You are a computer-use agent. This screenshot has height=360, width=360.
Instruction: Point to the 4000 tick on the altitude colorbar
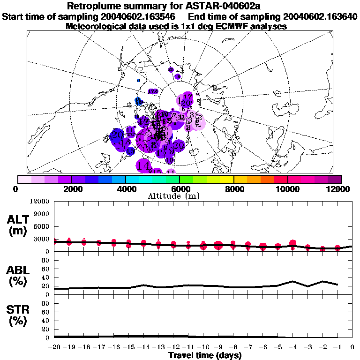(126, 189)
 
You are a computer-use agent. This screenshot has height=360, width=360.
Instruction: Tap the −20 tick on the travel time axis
(55, 347)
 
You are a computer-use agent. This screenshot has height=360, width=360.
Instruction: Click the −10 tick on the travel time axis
(203, 347)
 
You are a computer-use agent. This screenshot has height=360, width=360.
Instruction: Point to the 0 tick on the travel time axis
(352, 347)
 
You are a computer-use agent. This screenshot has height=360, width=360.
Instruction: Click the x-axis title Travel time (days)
(205, 355)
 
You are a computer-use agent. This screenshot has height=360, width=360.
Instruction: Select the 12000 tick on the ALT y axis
(41, 202)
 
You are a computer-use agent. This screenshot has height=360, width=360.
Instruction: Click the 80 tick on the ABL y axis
(45, 260)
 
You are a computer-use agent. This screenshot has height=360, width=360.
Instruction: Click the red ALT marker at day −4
(293, 243)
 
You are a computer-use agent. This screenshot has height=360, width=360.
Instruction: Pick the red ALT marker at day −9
(218, 245)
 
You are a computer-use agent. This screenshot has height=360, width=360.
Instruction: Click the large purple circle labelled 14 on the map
(143, 165)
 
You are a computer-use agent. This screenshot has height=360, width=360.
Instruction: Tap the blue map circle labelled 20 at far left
(117, 134)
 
